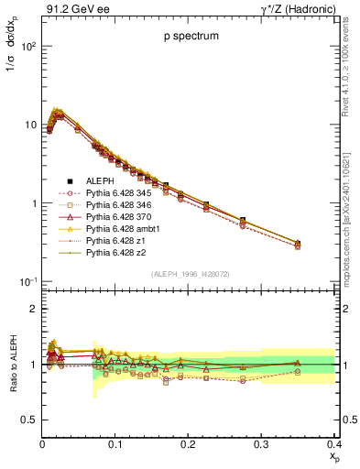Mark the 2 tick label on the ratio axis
click(33, 309)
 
